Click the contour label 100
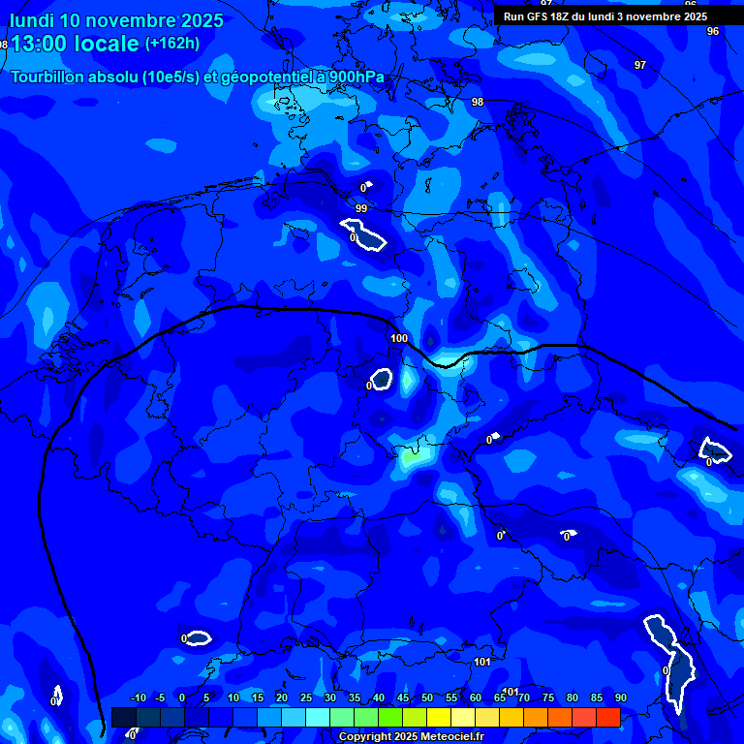tap(399, 338)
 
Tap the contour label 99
tap(361, 208)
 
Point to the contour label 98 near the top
tap(478, 102)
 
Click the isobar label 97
tap(639, 65)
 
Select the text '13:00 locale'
tap(75, 44)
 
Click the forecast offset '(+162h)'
tap(172, 43)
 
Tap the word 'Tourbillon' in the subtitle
tap(49, 77)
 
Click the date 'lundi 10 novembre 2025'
tap(116, 20)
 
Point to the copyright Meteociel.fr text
tap(412, 737)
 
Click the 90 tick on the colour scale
tap(620, 697)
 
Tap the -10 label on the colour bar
tap(138, 697)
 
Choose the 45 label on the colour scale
tap(402, 697)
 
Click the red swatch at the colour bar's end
tap(607, 717)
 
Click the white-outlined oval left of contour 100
tap(382, 379)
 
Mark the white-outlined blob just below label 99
tap(363, 235)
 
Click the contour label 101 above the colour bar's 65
tap(511, 691)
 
